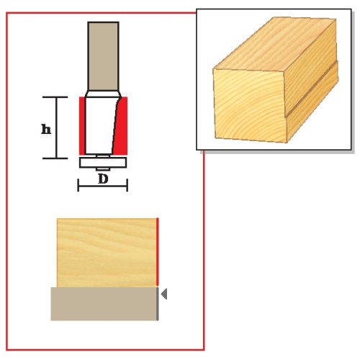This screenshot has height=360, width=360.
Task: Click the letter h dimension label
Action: [46, 129]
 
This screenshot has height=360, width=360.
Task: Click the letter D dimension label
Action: [103, 179]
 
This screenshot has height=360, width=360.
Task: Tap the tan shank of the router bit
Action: [103, 56]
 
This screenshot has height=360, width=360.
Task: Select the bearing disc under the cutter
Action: [103, 162]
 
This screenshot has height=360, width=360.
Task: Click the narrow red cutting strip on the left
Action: [82, 126]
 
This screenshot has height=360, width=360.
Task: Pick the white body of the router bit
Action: [99, 125]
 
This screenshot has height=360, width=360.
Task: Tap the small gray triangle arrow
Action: [164, 294]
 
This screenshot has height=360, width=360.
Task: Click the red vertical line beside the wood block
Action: [158, 252]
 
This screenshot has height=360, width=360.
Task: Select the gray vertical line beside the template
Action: [158, 304]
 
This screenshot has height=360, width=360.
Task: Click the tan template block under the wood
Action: [104, 304]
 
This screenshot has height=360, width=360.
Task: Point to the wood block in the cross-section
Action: [107, 253]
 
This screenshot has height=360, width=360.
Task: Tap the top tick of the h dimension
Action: [55, 97]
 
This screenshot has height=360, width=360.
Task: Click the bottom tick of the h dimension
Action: [55, 158]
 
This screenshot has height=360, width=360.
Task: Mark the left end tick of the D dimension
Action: [78, 185]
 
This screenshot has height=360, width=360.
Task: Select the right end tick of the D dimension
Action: [127, 185]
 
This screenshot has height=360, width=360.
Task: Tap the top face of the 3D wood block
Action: [276, 45]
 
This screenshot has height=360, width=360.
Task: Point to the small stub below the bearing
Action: [103, 169]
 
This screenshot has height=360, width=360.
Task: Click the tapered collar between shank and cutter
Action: [103, 94]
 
